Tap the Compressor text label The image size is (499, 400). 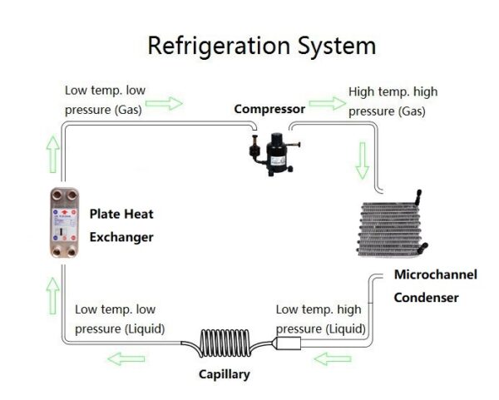(x=269, y=109)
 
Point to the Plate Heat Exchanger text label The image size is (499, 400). (x=121, y=225)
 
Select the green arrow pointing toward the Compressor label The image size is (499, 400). (x=169, y=104)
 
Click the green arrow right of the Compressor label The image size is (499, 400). (x=327, y=104)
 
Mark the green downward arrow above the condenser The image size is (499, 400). (x=362, y=160)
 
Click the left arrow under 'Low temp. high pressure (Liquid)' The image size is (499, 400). (x=332, y=358)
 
